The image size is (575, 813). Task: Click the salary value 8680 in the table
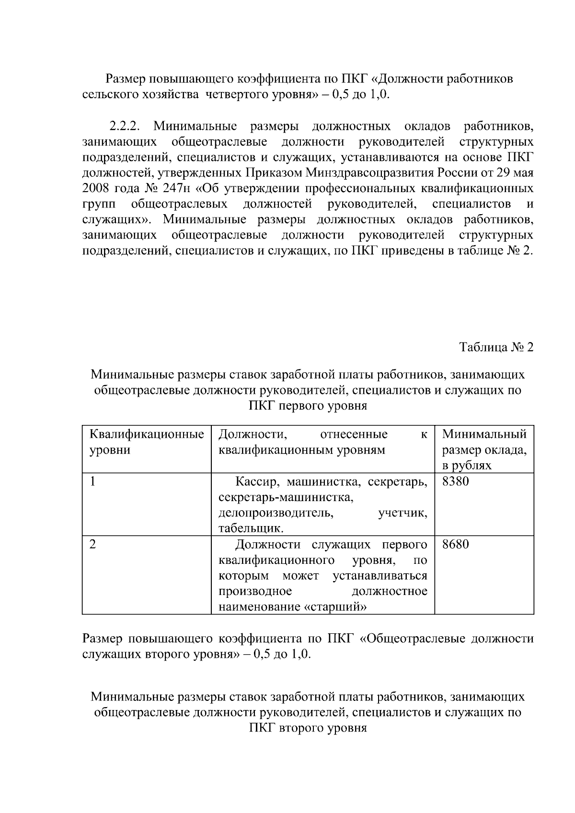coord(455,545)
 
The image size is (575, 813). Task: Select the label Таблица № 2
coord(496,347)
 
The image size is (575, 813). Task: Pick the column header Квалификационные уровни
coord(147,442)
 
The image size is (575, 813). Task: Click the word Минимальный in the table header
coord(484,435)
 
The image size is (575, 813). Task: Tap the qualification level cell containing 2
coord(93,545)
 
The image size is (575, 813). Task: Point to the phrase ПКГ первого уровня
coord(308,406)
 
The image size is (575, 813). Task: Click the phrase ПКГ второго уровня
coord(308,729)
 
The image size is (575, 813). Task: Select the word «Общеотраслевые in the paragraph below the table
coord(412,639)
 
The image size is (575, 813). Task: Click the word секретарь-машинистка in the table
coord(286,498)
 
